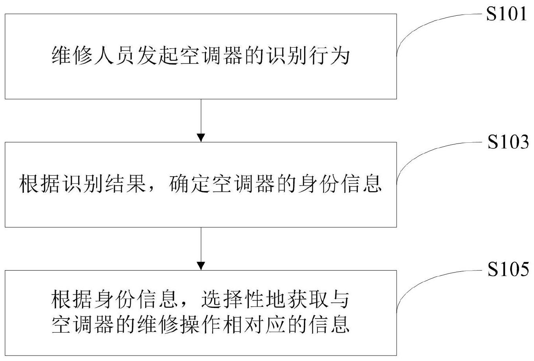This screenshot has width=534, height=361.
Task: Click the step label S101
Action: [x=507, y=15]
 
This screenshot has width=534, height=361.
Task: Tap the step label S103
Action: [x=508, y=143]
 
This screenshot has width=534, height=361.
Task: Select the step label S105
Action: [x=508, y=271]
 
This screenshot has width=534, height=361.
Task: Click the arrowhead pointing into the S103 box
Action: [x=201, y=137]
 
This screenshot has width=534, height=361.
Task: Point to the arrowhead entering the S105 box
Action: [x=201, y=265]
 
